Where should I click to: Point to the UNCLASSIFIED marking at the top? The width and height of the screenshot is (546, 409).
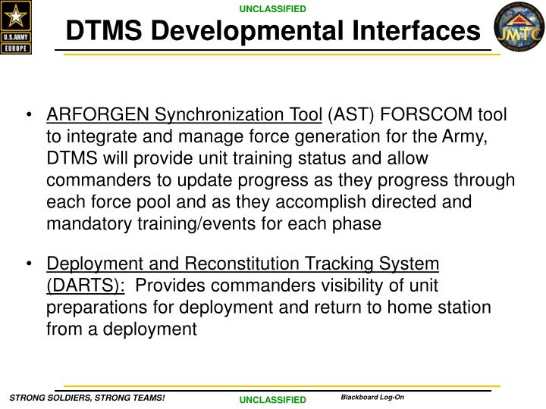(273, 9)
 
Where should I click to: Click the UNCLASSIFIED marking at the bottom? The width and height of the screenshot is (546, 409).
(273, 399)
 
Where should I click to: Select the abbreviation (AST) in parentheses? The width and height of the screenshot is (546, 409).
(351, 115)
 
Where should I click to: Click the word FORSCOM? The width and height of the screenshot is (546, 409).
(426, 115)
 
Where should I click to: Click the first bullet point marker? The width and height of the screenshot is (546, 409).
(28, 116)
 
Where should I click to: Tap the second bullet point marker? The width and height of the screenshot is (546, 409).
(28, 264)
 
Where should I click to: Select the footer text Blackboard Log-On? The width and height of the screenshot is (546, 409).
(372, 397)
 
